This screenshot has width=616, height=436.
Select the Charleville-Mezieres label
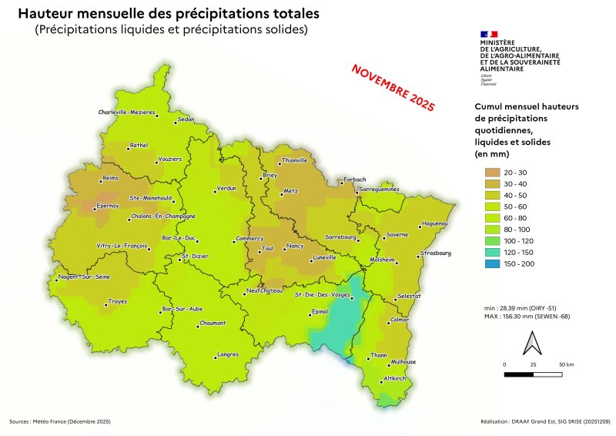click(126, 112)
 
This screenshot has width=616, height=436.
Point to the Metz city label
click(290, 189)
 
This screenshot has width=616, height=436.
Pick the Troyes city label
click(117, 301)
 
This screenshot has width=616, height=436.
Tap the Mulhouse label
click(403, 361)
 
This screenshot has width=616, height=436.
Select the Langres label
click(228, 354)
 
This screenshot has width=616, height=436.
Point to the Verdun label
click(226, 188)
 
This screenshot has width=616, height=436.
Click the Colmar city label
click(400, 319)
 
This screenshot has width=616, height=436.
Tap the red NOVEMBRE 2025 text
click(393, 86)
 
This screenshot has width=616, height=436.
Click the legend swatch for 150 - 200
click(491, 264)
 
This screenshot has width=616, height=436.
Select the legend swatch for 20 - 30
click(491, 172)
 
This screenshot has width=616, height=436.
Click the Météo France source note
click(60, 421)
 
